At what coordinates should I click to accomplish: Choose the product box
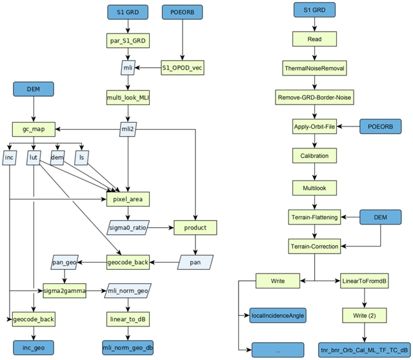(x=194, y=228)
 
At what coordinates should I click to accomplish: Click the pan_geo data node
(x=65, y=262)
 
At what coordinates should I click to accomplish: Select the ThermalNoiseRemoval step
(x=314, y=67)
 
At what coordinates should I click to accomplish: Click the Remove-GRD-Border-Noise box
(x=314, y=97)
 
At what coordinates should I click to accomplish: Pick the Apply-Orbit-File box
(x=314, y=127)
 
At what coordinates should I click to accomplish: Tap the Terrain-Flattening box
(x=314, y=217)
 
